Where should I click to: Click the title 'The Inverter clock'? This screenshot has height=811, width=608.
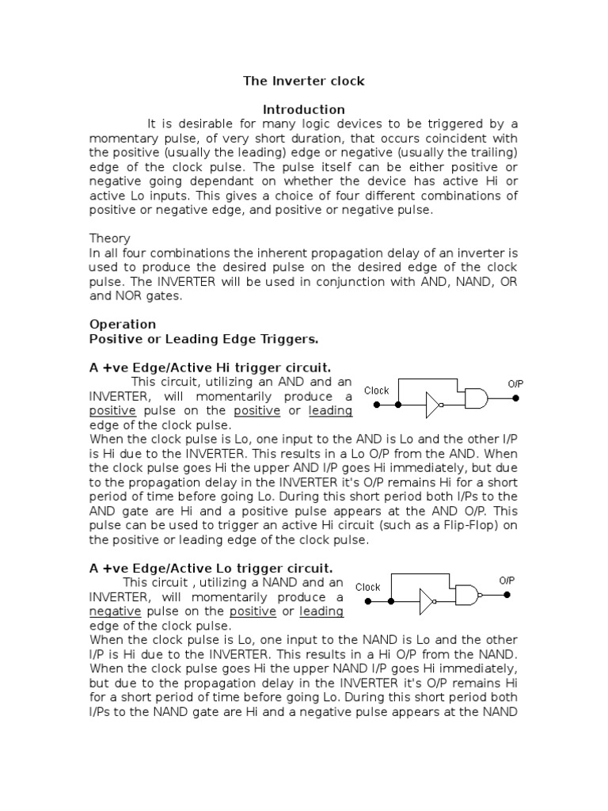click(303, 81)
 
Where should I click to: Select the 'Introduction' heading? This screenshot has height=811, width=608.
click(303, 109)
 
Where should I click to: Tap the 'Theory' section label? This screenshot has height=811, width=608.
click(109, 238)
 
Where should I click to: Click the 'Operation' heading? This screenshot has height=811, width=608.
click(123, 324)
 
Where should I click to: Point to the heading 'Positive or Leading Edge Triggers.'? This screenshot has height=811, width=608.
click(203, 339)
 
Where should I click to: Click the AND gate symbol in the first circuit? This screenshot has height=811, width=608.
click(477, 398)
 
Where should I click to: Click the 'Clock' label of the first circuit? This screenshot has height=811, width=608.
click(376, 390)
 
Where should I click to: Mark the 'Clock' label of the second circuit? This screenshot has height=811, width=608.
click(368, 587)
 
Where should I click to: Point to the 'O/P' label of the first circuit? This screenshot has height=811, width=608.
click(515, 384)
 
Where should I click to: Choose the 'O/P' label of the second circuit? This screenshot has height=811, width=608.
click(507, 581)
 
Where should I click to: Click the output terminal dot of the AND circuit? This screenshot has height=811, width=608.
click(516, 398)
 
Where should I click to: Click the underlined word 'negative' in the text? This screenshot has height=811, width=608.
click(115, 612)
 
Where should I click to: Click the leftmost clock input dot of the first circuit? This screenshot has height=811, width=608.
click(377, 405)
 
